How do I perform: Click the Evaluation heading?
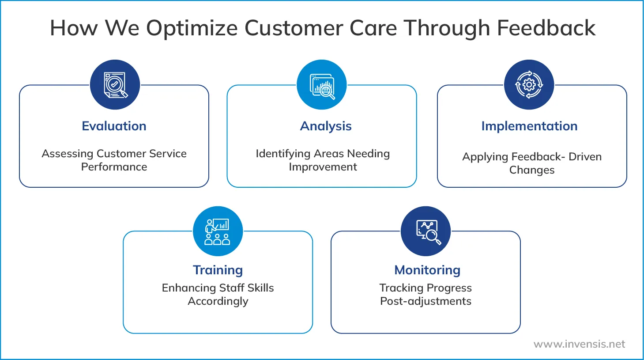114,126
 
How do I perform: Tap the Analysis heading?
326,126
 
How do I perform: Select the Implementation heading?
529,126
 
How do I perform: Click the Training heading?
218,270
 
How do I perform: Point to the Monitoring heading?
427,270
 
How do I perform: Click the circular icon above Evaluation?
115,85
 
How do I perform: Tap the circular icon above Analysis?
322,85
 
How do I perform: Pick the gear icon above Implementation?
529,85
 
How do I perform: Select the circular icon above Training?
218,231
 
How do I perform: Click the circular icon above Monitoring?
426,231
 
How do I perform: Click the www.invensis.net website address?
579,344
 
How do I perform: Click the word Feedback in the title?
546,28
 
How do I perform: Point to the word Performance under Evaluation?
114,167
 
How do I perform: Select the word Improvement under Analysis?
323,167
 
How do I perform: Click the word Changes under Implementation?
531,170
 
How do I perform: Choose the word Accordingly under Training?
218,301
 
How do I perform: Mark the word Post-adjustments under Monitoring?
426,301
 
